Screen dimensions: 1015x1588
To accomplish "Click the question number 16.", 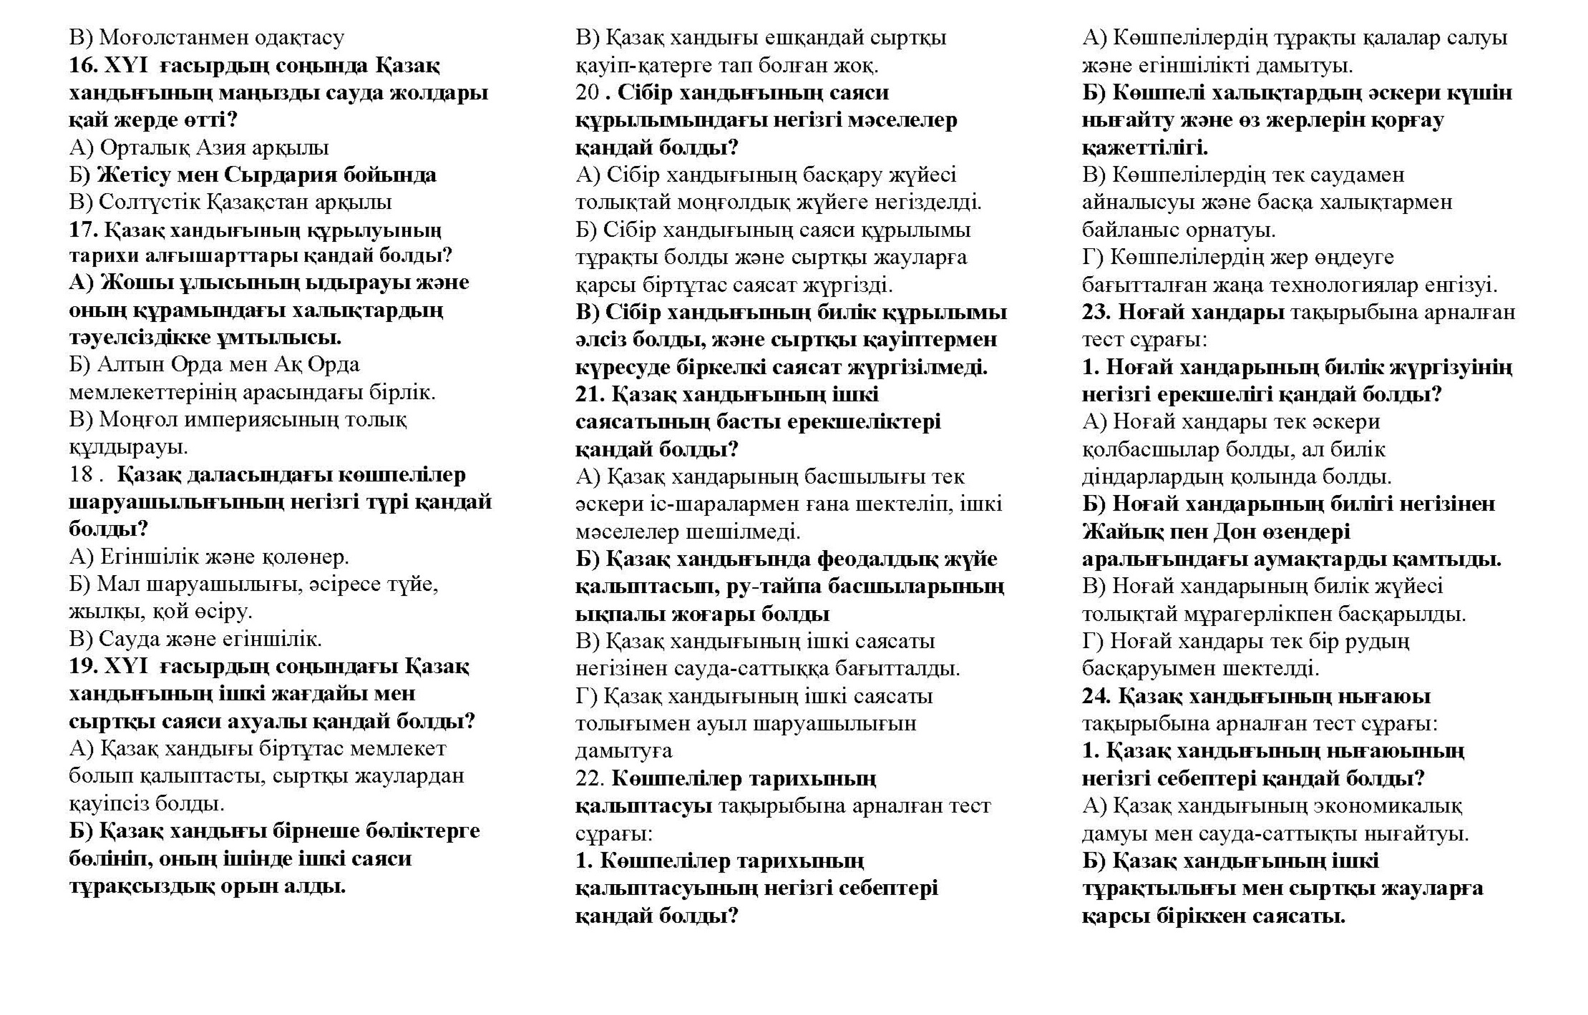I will coord(82,65).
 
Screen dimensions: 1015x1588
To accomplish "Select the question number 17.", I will coord(82,230).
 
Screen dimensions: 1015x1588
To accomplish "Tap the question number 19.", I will coord(82,666).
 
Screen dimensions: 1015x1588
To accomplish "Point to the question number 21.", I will coord(589,394).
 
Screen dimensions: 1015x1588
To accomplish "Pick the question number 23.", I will coord(1096,312).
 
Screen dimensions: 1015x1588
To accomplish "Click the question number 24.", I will coord(1096,696).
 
